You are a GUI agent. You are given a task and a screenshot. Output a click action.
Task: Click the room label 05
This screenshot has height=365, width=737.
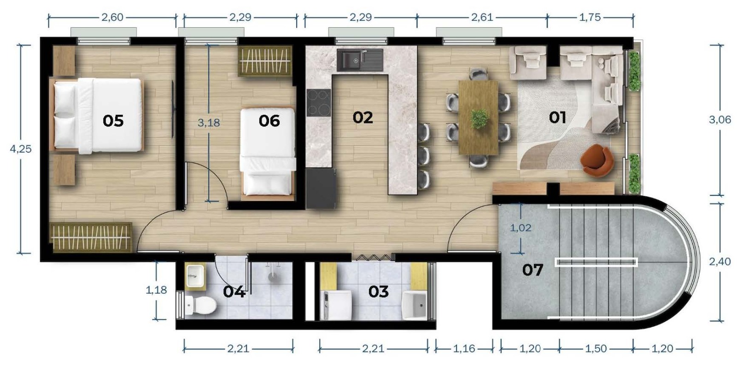coord(113,121)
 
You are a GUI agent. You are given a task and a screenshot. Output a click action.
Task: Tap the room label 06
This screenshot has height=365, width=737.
coord(269,121)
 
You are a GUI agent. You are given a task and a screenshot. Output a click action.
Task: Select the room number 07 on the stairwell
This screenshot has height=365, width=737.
coord(532,270)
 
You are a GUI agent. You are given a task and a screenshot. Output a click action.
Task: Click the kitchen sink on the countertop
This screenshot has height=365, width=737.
coord(360,60)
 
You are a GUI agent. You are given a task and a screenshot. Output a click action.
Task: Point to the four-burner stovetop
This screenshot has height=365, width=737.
coord(319,102)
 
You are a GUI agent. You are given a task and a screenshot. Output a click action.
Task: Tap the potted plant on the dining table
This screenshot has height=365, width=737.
coord(480,118)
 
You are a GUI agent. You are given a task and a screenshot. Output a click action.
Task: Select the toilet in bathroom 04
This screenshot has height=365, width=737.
coord(200,305)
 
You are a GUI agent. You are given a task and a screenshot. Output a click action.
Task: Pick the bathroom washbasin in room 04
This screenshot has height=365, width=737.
coord(195,276)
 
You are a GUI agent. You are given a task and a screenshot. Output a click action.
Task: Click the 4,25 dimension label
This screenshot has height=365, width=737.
coord(21,149)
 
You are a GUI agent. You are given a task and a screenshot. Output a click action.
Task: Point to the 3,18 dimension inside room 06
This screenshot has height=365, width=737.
coord(209,123)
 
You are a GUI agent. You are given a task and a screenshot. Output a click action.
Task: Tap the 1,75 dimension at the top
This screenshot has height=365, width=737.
coord(590,17)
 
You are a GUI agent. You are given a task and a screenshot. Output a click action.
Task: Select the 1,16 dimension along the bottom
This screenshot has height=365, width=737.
coord(464,348)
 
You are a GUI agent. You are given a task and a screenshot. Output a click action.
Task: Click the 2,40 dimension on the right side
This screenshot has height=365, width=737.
coord(719,262)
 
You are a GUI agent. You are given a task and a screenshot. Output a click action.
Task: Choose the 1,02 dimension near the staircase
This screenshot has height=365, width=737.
coord(521,228)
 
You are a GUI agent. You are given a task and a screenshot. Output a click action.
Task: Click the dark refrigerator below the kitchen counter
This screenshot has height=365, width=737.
coord(321,188)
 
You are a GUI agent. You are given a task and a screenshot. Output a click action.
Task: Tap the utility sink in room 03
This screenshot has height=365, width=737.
coord(415,305)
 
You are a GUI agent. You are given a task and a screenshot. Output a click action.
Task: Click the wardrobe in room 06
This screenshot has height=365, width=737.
coord(265,61)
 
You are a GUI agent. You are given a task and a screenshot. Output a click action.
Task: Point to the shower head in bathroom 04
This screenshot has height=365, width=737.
coord(273,276)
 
